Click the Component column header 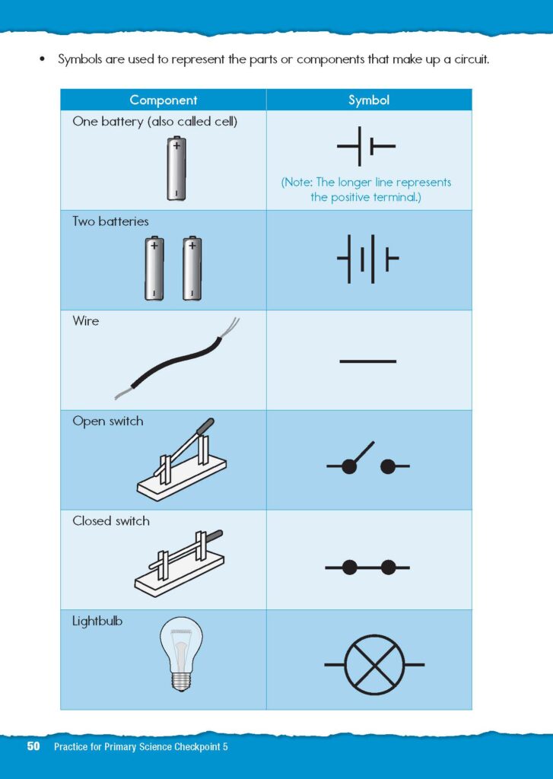(x=164, y=100)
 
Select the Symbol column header (x=369, y=100)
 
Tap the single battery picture (x=176, y=168)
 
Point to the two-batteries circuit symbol (x=368, y=259)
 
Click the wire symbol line (x=367, y=361)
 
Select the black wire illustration (x=177, y=359)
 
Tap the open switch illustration (x=181, y=459)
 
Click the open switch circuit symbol (x=367, y=459)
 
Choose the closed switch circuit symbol (x=367, y=567)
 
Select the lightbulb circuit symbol (x=374, y=664)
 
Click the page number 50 (x=33, y=746)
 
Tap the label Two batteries (x=110, y=221)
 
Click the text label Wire (x=85, y=320)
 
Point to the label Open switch (x=108, y=421)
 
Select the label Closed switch (x=111, y=520)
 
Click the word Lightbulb (x=97, y=621)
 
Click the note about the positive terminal (x=366, y=189)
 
